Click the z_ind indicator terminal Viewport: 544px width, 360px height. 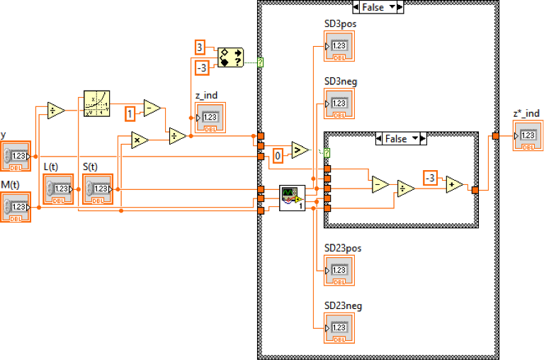[210, 118]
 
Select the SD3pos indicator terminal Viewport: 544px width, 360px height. [339, 46]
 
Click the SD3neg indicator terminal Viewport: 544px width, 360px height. [339, 104]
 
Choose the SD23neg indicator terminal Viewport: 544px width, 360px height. [339, 327]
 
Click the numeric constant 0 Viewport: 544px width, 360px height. [278, 154]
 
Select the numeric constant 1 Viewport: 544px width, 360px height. [130, 113]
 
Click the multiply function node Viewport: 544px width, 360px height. [136, 140]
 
